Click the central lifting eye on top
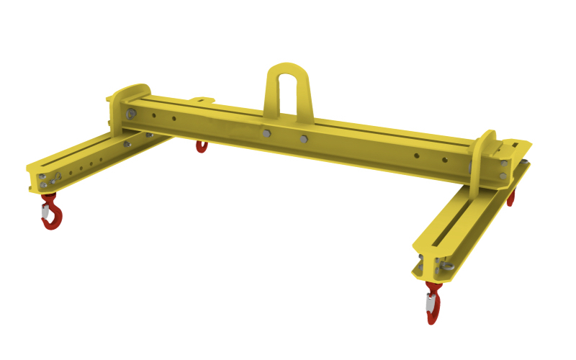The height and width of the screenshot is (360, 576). (287, 72)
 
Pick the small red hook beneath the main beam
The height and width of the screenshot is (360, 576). (202, 147)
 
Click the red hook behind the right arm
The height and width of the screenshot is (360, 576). (511, 197)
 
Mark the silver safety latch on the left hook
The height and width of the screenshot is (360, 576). (45, 212)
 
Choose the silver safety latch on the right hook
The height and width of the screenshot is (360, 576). (430, 306)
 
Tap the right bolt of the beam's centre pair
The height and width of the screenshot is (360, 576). (303, 139)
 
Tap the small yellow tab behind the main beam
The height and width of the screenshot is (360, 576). (201, 101)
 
